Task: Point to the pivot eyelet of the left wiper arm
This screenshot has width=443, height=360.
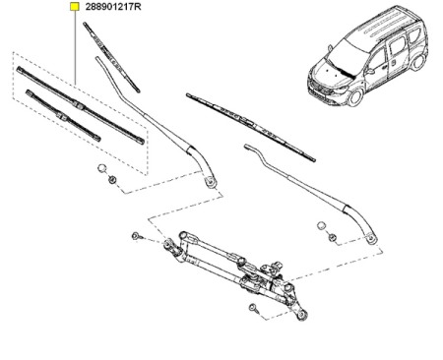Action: click(209, 179)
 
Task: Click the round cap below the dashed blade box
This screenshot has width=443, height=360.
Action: click(102, 170)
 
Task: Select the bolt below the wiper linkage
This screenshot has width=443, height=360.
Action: click(253, 310)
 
